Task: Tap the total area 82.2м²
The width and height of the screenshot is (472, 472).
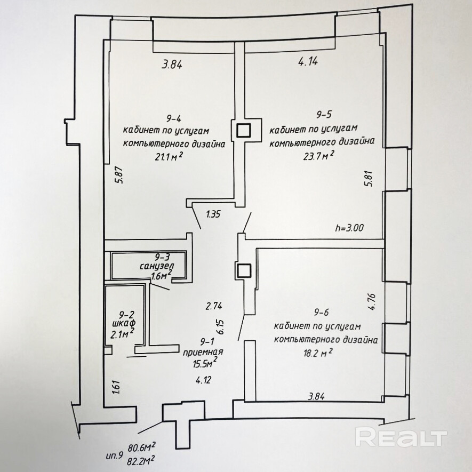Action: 141,459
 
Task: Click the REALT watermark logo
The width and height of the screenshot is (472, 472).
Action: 401,437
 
